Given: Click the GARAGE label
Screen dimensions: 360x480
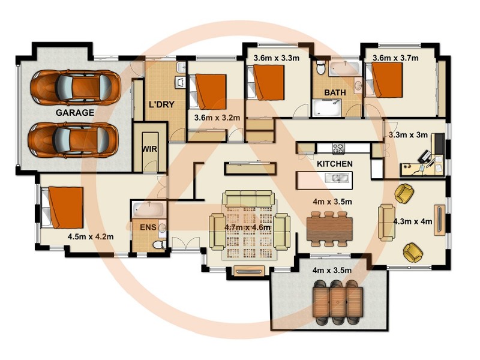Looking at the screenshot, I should pyautogui.click(x=75, y=112).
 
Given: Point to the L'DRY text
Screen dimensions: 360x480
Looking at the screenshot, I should pyautogui.click(x=161, y=104).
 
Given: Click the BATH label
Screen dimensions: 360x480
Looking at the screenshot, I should pyautogui.click(x=335, y=93).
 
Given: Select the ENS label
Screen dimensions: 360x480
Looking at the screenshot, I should pyautogui.click(x=148, y=227).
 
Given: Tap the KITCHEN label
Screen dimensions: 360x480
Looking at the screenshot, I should pyautogui.click(x=334, y=163).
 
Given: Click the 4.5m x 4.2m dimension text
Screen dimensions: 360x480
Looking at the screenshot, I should pyautogui.click(x=91, y=236).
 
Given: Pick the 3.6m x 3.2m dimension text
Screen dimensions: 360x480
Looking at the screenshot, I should pyautogui.click(x=217, y=118).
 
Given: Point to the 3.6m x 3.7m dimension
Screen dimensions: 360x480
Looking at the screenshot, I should pyautogui.click(x=395, y=58).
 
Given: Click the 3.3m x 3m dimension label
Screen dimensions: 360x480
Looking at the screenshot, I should pyautogui.click(x=408, y=135).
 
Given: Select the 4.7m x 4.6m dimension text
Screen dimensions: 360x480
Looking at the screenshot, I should pyautogui.click(x=247, y=227).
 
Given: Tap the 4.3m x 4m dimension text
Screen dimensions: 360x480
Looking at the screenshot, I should pyautogui.click(x=412, y=221).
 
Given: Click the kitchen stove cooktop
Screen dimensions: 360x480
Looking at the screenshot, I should pyautogui.click(x=338, y=147).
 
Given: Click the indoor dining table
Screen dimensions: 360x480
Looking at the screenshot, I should pyautogui.click(x=329, y=228).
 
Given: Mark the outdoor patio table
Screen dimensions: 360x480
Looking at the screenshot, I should pyautogui.click(x=338, y=300).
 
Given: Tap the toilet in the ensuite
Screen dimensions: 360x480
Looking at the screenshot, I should pyautogui.click(x=158, y=244).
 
